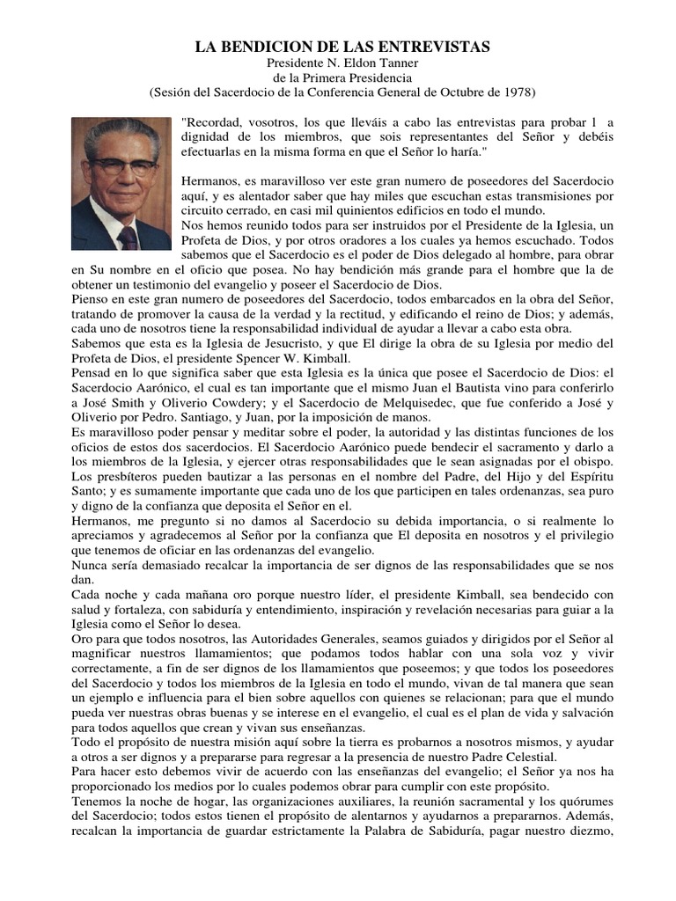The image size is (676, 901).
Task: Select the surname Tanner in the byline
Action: click(389, 62)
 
